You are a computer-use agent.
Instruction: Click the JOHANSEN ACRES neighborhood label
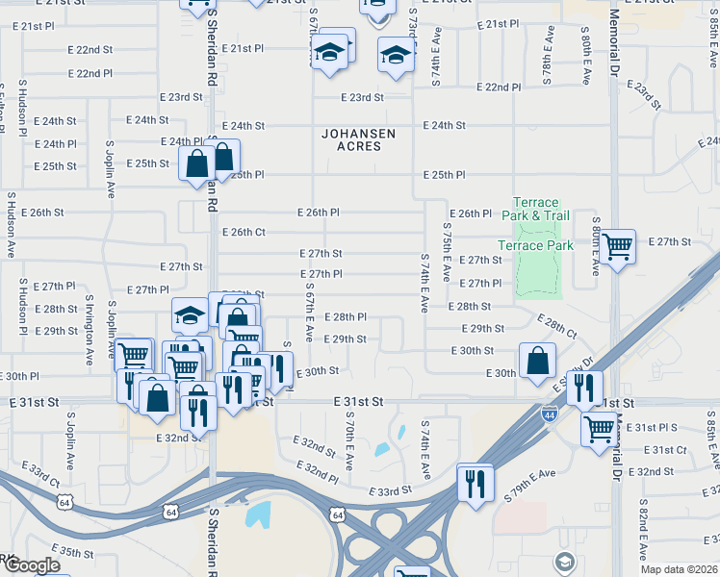[351, 139]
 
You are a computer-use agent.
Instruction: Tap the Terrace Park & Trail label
[535, 209]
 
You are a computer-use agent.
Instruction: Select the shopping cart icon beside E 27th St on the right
[617, 247]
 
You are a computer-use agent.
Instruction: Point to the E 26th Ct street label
[243, 232]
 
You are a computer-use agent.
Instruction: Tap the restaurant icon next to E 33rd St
[475, 482]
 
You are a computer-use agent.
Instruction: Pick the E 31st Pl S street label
[657, 426]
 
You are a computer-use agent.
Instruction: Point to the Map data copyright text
[679, 569]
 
